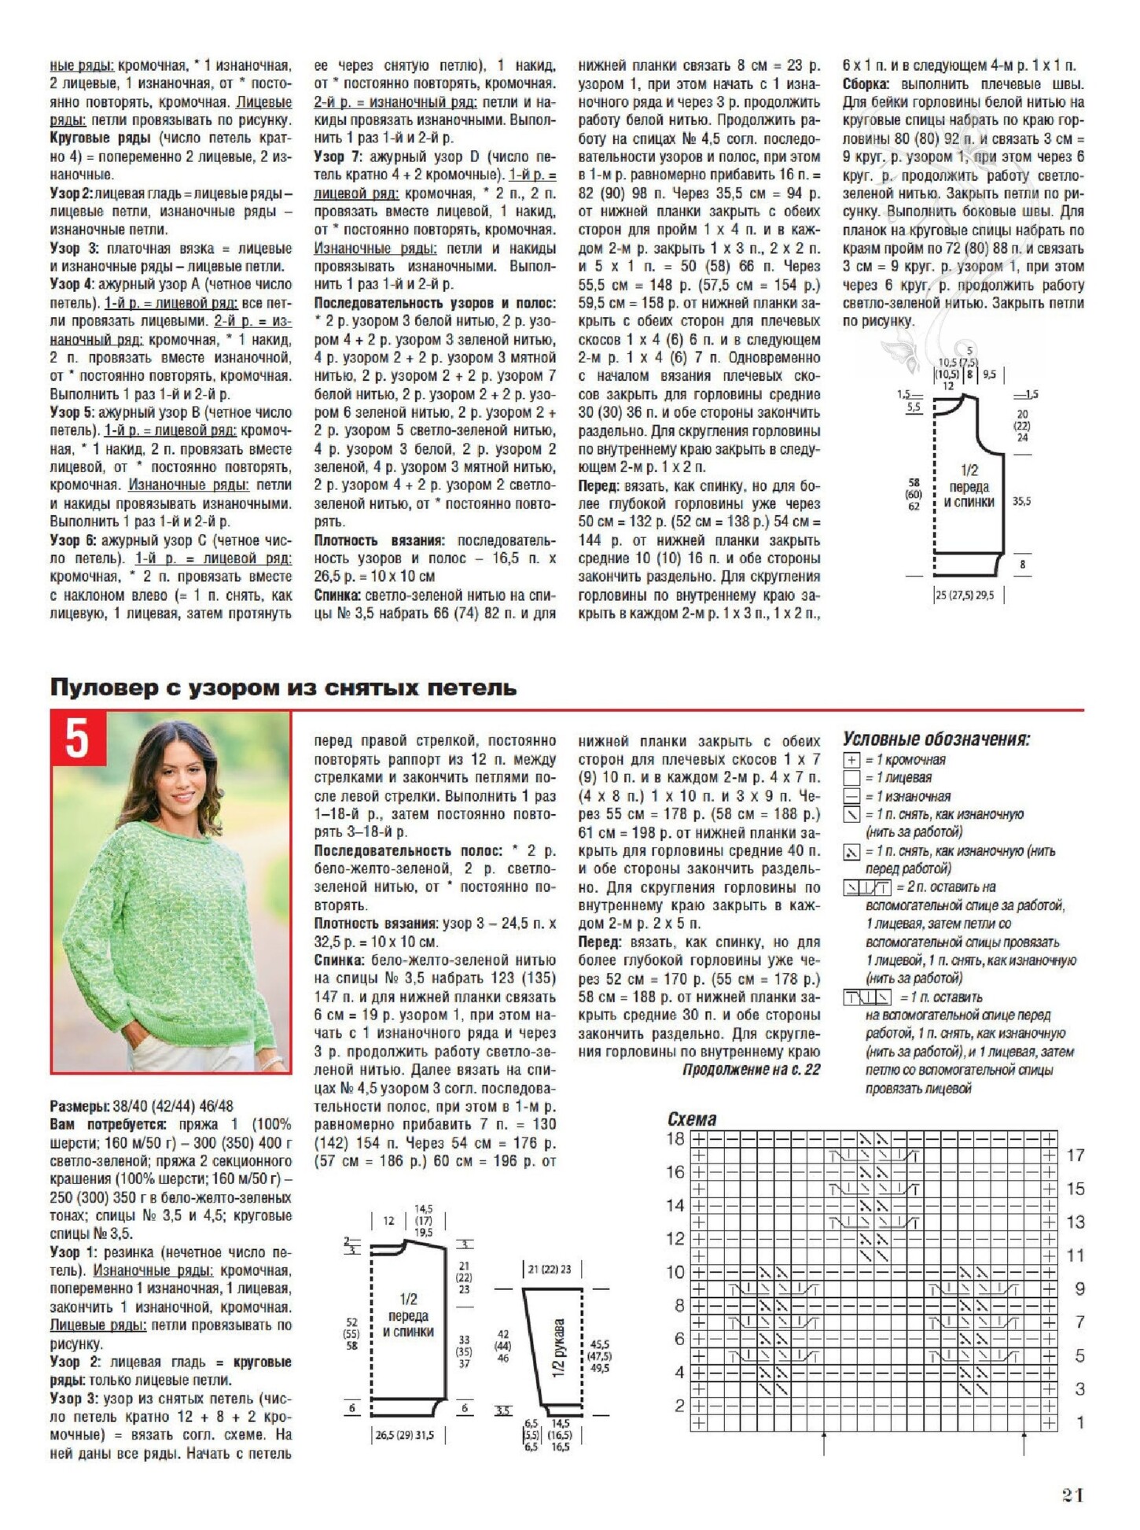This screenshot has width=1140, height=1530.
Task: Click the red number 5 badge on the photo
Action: pyautogui.click(x=77, y=739)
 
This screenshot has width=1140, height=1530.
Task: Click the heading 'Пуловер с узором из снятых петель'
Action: pyautogui.click(x=283, y=688)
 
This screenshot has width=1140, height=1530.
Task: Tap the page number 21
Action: pyautogui.click(x=1073, y=1495)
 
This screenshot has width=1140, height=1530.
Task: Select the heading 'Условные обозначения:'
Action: pyautogui.click(x=936, y=739)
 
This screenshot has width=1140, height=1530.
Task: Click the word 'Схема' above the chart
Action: pyautogui.click(x=692, y=1119)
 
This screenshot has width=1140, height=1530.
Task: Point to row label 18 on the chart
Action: pyautogui.click(x=675, y=1138)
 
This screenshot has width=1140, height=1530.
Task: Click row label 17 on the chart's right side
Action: pyautogui.click(x=1076, y=1156)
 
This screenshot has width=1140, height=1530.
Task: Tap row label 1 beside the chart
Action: pyautogui.click(x=1079, y=1422)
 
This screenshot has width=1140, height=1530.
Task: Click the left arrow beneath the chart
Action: pyautogui.click(x=823, y=1443)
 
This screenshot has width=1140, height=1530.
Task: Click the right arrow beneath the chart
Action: pyautogui.click(x=1024, y=1443)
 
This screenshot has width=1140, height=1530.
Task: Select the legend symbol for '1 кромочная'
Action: pyautogui.click(x=851, y=760)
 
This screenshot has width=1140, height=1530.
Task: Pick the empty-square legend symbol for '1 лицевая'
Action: pyautogui.click(x=851, y=778)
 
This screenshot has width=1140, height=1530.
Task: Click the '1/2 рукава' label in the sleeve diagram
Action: pyautogui.click(x=559, y=1348)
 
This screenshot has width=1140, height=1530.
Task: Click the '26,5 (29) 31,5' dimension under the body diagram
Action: pyautogui.click(x=404, y=1435)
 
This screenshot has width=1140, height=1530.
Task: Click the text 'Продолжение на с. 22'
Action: pyautogui.click(x=751, y=1070)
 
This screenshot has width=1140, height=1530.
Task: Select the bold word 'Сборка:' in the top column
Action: pyautogui.click(x=866, y=84)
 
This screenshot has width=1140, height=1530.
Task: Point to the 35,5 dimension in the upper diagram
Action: pyautogui.click(x=1022, y=500)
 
